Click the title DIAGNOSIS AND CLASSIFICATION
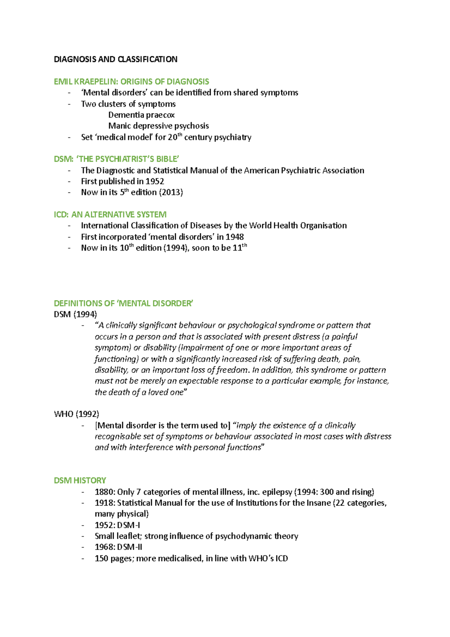[115, 59]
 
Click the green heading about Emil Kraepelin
[131, 81]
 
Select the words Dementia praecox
[141, 115]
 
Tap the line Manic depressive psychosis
[158, 126]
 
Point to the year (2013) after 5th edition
[171, 192]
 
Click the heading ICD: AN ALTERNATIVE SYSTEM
[110, 215]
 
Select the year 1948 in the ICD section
[234, 237]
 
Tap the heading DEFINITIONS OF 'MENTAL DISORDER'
[123, 303]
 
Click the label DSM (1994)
[75, 314]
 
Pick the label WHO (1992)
[76, 414]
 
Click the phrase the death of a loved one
[139, 392]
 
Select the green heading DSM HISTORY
[80, 481]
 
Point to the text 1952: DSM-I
[117, 525]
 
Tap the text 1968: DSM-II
[118, 547]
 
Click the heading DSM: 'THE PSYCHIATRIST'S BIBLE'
[117, 159]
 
